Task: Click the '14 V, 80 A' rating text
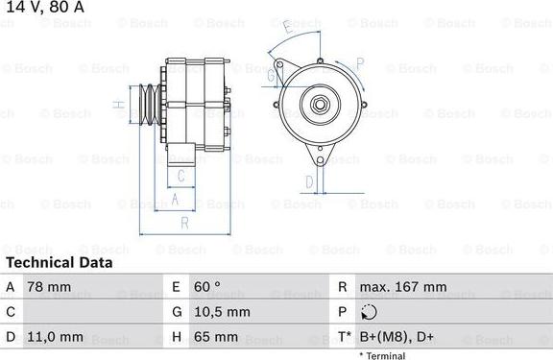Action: tap(43, 8)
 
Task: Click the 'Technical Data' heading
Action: tap(59, 262)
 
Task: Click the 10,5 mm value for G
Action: tap(224, 312)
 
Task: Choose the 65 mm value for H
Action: tap(218, 337)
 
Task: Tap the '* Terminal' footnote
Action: tap(383, 355)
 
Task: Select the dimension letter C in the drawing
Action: tap(180, 176)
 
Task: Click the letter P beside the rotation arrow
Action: tap(360, 63)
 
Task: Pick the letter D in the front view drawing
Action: tap(309, 180)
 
